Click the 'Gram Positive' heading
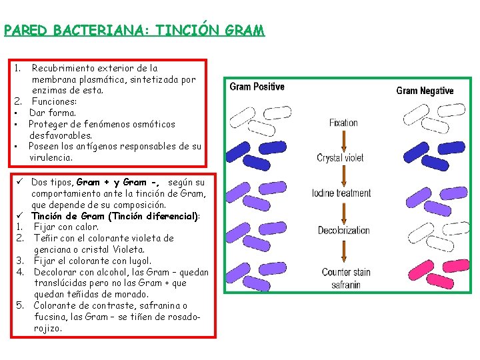257,87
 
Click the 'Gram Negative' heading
425,91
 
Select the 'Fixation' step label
343,123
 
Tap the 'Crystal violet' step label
340,158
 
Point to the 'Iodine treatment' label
341,194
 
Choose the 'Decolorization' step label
343,231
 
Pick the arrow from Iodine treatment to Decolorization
344,213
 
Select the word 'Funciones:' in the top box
55,102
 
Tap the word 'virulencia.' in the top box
51,158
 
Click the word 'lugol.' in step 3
139,261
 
